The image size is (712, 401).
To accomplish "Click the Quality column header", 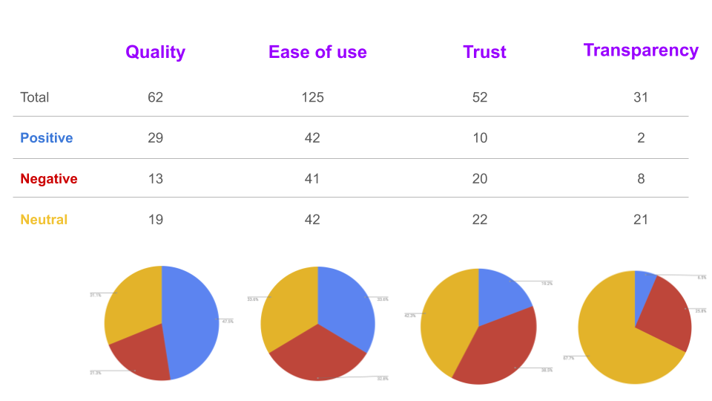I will click(x=155, y=52).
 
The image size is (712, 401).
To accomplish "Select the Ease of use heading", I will click(x=317, y=52).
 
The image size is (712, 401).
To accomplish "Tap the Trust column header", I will click(x=484, y=52).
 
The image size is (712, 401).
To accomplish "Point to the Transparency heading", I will click(x=641, y=50).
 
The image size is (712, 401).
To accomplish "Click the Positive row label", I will click(x=46, y=138).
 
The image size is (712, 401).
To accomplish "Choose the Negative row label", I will click(x=48, y=179).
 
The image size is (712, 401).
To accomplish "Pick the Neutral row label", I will click(x=44, y=220).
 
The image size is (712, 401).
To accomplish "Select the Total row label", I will click(x=35, y=97).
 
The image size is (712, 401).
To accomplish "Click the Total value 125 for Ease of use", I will click(x=313, y=97).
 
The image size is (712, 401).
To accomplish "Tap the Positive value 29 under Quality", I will click(x=155, y=138).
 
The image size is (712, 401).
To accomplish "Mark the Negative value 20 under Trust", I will click(x=480, y=179).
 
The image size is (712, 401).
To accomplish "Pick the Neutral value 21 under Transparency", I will click(x=641, y=220).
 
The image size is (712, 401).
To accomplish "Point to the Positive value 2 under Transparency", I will click(x=641, y=138).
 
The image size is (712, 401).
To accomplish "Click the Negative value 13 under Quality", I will click(x=155, y=179).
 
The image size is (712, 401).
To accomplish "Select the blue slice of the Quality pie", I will click(x=193, y=319).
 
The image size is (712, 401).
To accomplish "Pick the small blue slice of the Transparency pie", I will click(x=644, y=286).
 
